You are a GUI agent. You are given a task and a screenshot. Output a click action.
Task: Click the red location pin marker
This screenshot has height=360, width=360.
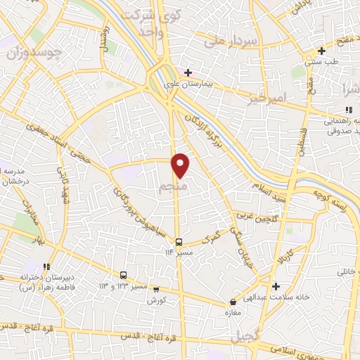[x=181, y=165]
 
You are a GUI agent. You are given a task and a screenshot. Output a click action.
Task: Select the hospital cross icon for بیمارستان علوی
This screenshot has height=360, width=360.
[x=188, y=72]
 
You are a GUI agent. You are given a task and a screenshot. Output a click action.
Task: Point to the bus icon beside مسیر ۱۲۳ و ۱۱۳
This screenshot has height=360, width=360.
[x=124, y=275]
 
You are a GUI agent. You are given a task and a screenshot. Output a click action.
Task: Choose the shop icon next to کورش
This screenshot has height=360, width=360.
[x=156, y=288]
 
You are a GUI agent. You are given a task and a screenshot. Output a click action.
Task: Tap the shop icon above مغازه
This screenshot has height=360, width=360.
[x=230, y=299]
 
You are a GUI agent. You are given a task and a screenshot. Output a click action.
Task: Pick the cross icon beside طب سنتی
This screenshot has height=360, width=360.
[x=321, y=51]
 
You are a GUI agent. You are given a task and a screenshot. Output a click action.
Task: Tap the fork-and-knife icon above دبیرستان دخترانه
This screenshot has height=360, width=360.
[x=47, y=266]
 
